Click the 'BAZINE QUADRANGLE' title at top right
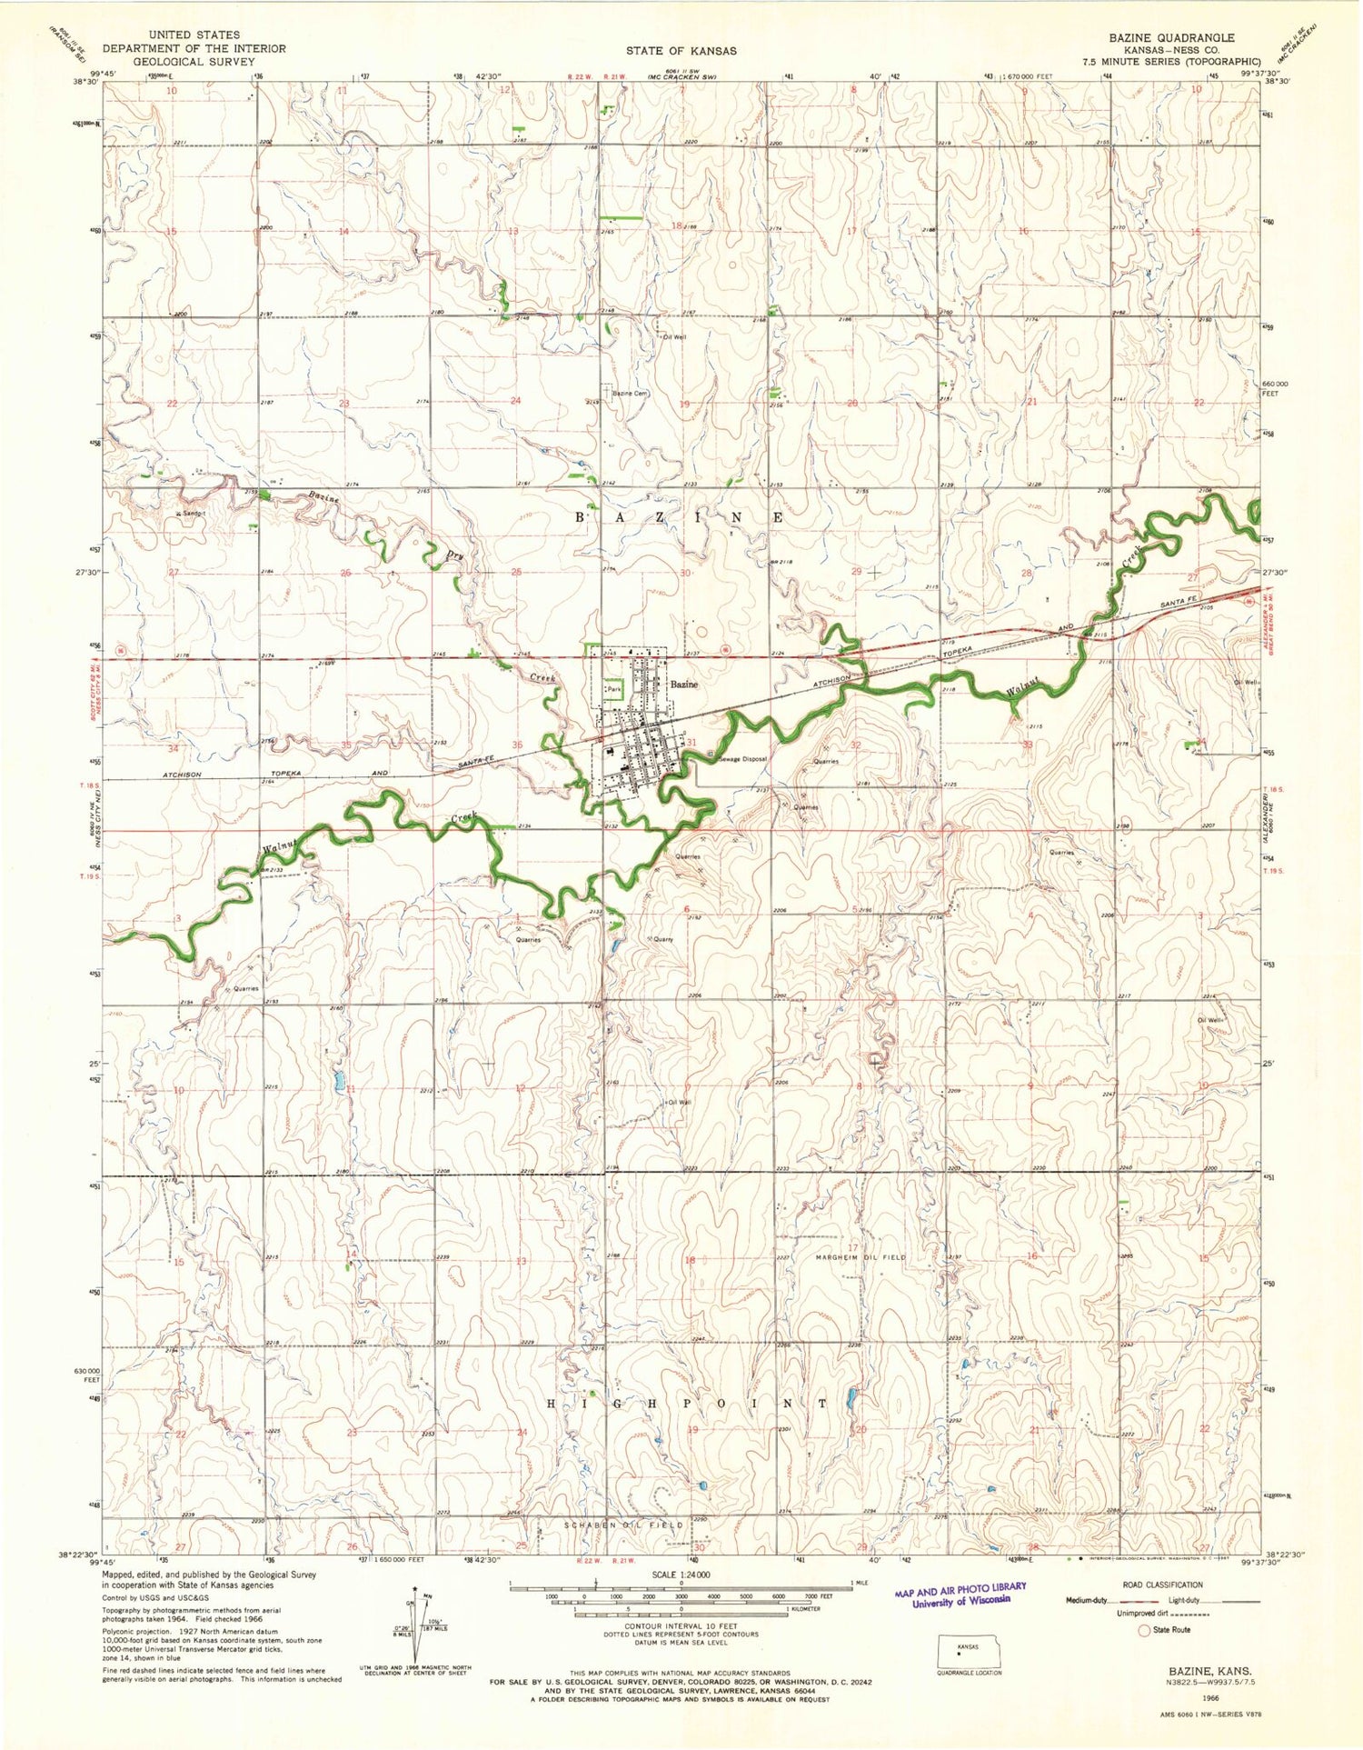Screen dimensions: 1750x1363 tap(1170, 37)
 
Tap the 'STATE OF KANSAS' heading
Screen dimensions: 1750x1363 tap(681, 51)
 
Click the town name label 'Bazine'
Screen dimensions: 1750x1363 tap(683, 685)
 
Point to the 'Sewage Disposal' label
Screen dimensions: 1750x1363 tap(742, 759)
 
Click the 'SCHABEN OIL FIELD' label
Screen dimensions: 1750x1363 tap(623, 1525)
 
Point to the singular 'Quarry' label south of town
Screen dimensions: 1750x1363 tap(662, 939)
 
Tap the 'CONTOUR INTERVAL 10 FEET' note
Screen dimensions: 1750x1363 tap(681, 1625)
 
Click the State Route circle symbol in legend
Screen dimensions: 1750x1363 tap(1144, 1630)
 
